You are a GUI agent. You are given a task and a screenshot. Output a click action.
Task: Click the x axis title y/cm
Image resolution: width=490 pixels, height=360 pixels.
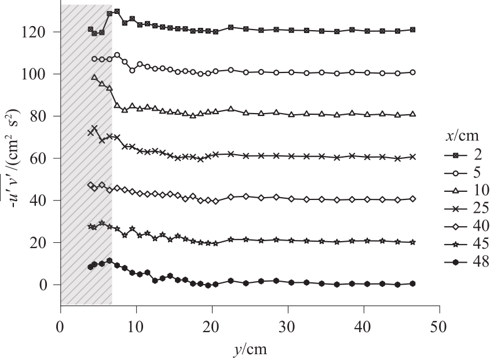coord(249,349)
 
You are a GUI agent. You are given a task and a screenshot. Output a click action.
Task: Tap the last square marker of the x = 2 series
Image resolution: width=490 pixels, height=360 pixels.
coord(412,30)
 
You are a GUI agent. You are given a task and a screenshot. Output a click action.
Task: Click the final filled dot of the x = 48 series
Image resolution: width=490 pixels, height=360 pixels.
coord(412,283)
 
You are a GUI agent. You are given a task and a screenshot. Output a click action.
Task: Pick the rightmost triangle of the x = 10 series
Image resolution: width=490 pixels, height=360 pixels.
coord(412,114)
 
